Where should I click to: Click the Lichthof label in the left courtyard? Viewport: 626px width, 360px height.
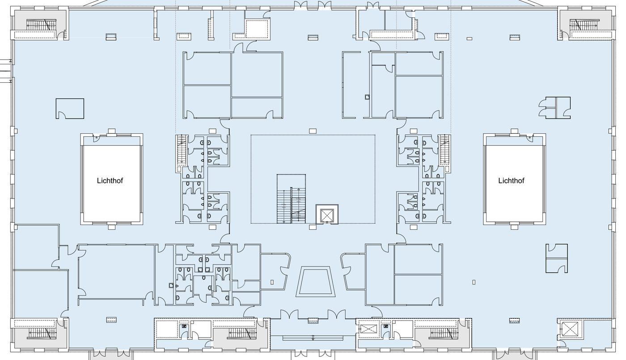110,181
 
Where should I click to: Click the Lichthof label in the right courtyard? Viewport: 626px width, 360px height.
511,181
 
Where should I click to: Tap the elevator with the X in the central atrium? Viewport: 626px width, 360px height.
327,214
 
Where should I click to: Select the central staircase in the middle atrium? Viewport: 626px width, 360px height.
291,199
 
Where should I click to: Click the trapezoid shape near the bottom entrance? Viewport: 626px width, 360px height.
316,282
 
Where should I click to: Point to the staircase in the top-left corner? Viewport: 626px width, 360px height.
41,25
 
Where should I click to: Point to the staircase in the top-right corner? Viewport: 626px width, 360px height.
585,25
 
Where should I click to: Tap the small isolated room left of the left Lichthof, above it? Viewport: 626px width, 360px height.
70,108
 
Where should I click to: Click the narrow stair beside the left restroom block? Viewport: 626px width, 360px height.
181,149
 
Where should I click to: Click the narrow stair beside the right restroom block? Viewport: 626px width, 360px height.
444,149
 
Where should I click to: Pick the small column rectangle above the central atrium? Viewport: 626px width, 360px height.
313,131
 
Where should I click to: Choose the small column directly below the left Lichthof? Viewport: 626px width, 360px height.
112,227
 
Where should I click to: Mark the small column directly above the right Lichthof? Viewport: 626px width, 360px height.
515,131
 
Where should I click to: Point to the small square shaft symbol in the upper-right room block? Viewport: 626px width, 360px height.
367,97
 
